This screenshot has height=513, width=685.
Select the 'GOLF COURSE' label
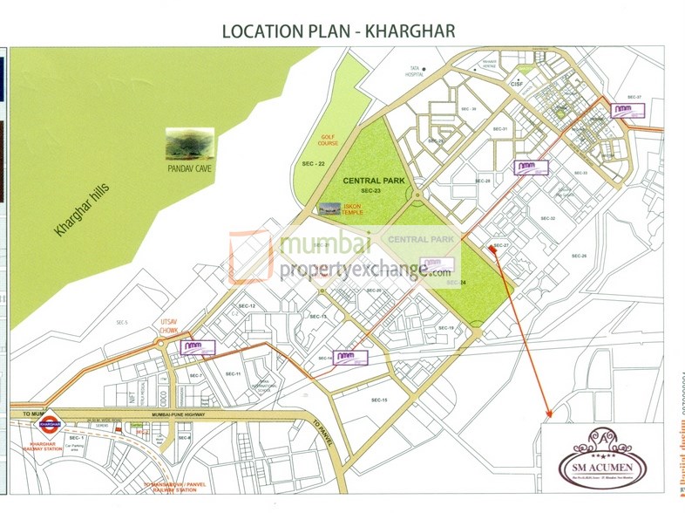pyautogui.click(x=327, y=140)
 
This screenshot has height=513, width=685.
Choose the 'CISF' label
pyautogui.click(x=516, y=85)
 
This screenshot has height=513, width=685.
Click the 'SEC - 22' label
pyautogui.click(x=312, y=164)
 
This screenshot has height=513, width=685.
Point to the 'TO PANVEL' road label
pyautogui.click(x=322, y=430)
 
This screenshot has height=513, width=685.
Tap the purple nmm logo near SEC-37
pyautogui.click(x=623, y=110)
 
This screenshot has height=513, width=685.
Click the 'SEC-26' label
pyautogui.click(x=579, y=256)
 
